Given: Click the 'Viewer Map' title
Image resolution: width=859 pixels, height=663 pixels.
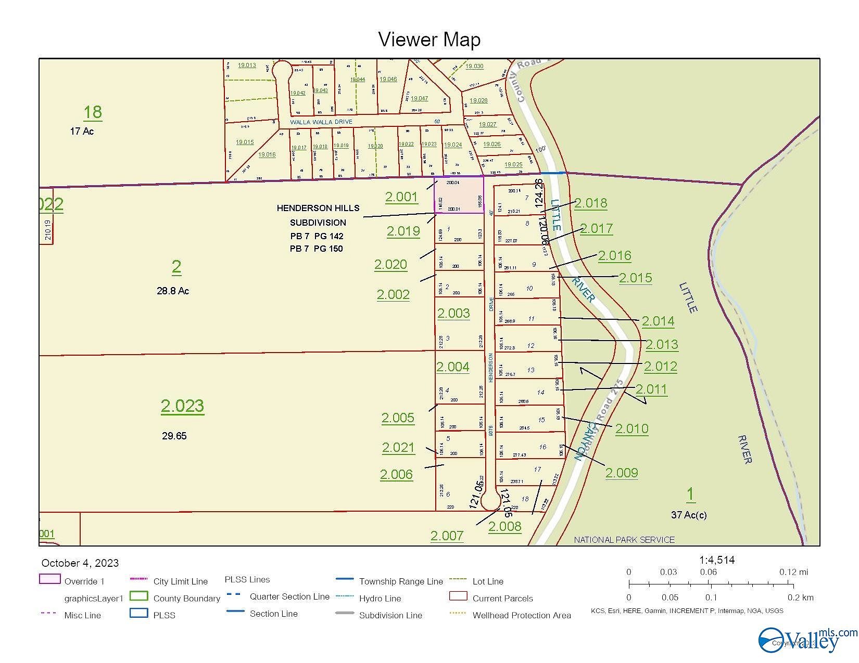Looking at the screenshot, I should coord(429,40).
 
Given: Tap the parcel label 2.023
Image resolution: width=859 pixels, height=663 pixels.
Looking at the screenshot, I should coord(182,406).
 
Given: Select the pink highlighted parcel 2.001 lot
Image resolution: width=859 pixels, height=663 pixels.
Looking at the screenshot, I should coord(459,195).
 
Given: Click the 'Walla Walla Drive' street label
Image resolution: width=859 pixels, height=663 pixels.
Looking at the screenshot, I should coord(321,122).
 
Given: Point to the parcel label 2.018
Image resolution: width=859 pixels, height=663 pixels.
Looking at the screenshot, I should coord(590,203).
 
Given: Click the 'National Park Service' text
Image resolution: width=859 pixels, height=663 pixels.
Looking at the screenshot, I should coord(624,540).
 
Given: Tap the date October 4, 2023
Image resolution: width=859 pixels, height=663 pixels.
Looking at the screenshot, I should coord(80,563).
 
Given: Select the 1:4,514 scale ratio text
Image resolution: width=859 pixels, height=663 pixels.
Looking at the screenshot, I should coord(717,560).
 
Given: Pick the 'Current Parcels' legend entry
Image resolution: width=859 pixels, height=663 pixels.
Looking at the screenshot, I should coord(502,599).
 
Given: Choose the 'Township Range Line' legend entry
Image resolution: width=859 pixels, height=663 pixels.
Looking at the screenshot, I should coord(401,581).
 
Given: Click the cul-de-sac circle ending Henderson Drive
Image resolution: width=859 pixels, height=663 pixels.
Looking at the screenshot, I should coord(490,502).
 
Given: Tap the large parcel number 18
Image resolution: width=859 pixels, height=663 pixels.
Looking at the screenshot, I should coord(93,112).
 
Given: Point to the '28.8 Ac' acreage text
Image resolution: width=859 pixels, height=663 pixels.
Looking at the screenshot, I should coord(173,291).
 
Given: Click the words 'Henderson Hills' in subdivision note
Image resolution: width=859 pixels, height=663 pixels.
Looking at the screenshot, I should coord(318,208).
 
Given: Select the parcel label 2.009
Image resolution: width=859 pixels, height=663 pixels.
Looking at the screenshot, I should coord(621,473).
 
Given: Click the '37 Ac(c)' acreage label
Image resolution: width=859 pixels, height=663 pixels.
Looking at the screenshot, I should coord(689,515).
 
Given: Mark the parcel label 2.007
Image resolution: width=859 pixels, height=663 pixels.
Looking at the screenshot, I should coord(447,536).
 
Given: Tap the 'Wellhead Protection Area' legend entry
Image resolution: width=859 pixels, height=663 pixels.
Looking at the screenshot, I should coord(522,616).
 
